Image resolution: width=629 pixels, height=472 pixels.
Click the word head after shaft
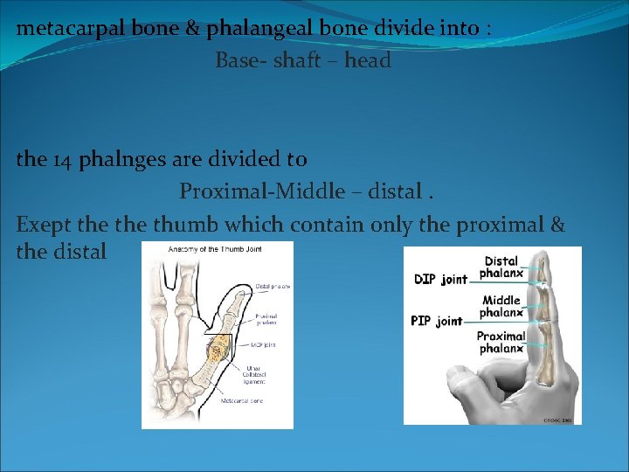click(x=368, y=60)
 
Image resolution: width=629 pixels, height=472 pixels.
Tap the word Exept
click(x=45, y=225)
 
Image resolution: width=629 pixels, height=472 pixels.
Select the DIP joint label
click(x=441, y=279)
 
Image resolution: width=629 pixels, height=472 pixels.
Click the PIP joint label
click(x=437, y=321)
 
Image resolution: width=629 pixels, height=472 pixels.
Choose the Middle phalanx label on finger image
click(x=501, y=306)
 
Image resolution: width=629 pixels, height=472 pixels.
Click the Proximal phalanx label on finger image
click(x=501, y=342)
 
